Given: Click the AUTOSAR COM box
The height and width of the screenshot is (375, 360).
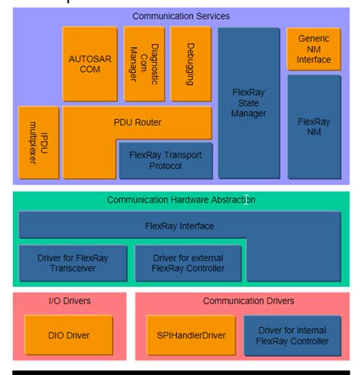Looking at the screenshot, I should point(84,64).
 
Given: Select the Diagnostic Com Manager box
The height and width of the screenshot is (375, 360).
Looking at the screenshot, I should point(144,64).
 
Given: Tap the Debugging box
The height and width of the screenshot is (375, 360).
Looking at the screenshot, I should point(190,64).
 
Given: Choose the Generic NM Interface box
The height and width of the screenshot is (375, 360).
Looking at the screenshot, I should point(314,49).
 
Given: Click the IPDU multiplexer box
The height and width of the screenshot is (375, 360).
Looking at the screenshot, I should point(38,143).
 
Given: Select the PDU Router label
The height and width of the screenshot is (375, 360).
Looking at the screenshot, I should point(137,121).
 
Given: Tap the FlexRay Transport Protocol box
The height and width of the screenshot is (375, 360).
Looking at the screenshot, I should point(166,160).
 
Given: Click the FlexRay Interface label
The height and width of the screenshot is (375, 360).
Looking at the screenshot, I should point(179,225).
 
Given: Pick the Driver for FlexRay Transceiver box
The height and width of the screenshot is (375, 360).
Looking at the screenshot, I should point(73,263).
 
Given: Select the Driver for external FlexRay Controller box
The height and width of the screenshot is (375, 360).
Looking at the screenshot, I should point(188,263).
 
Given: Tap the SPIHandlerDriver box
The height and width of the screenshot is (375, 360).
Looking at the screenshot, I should point(191,336).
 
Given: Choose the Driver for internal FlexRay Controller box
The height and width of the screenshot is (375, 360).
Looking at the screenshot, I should point(292,336).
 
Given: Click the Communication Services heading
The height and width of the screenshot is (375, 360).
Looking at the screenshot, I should point(181,16).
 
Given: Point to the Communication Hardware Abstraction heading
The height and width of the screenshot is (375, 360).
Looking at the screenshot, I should point(181,200).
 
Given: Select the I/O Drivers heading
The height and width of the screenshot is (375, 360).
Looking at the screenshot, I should point(68,301).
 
